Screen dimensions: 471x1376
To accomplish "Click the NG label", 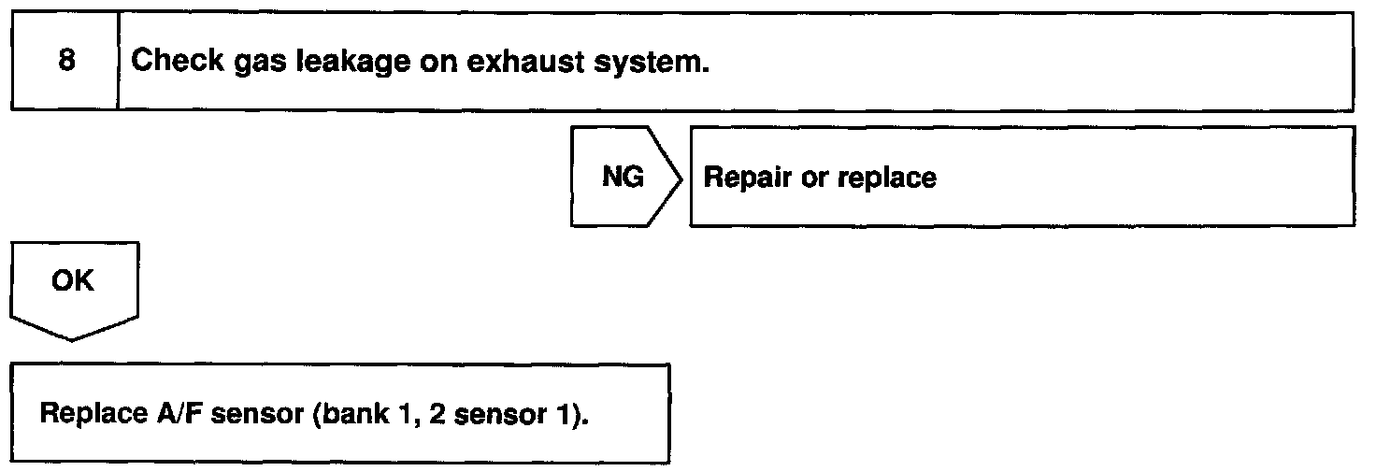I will coord(623,178).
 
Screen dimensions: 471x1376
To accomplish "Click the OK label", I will coord(74,281).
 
